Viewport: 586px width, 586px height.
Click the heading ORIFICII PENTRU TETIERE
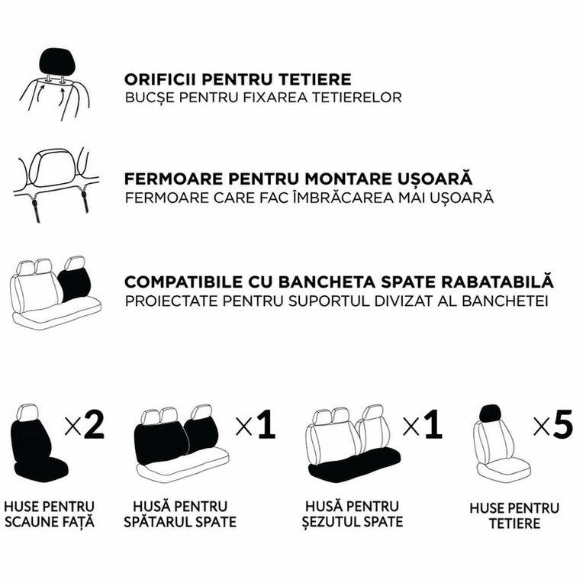click(x=238, y=79)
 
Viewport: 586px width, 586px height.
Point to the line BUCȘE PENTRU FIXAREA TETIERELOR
click(x=263, y=97)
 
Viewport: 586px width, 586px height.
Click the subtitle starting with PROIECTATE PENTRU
click(x=336, y=301)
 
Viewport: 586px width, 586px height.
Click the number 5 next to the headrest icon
click(x=562, y=424)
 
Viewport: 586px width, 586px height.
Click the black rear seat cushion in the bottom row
click(x=354, y=463)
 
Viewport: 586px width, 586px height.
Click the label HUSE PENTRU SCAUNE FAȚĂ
click(x=49, y=514)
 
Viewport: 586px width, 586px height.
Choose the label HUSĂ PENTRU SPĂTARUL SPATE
click(x=180, y=514)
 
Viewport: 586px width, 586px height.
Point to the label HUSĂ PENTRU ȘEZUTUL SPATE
click(x=353, y=514)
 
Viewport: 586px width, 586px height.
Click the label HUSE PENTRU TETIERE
click(x=514, y=516)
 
